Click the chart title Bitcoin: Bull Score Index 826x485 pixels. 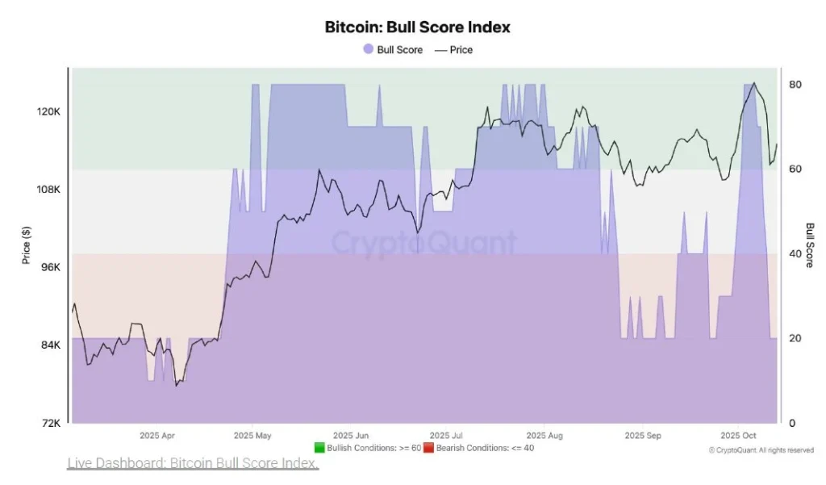[x=417, y=27]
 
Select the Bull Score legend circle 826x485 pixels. [x=368, y=49]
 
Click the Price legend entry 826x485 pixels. [x=454, y=49]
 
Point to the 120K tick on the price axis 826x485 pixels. [x=50, y=112]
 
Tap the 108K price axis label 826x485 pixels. [x=50, y=190]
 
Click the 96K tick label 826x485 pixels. [x=52, y=267]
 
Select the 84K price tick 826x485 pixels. [x=52, y=345]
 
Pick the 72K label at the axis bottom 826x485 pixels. [x=52, y=423]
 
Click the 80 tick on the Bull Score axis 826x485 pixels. [x=795, y=85]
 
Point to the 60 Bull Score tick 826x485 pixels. [x=795, y=169]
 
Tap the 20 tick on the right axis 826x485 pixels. [x=795, y=338]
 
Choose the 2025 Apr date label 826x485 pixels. [x=156, y=435]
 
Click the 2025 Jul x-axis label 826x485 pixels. [x=445, y=435]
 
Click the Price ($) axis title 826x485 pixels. [x=27, y=245]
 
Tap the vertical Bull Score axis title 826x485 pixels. [x=810, y=245]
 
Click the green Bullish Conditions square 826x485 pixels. [x=319, y=448]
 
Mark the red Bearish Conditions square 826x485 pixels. [x=428, y=448]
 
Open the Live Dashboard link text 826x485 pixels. [x=193, y=463]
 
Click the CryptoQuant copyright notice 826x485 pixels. [x=761, y=449]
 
